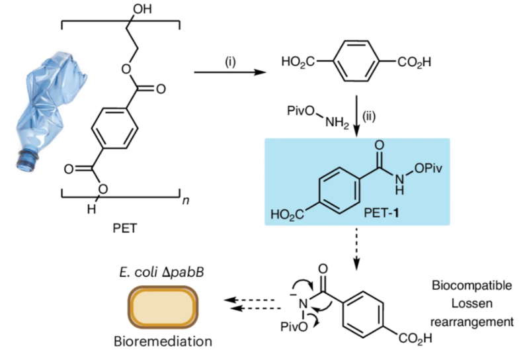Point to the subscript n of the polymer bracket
click(x=186, y=200)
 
